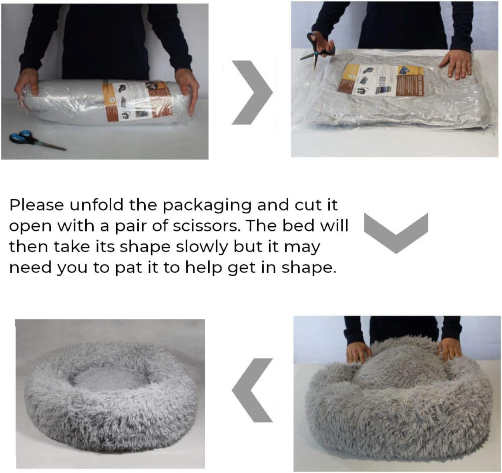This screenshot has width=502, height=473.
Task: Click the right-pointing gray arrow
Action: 252,93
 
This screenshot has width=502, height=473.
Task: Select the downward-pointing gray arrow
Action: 396,232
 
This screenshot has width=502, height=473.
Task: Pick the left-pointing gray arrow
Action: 253,390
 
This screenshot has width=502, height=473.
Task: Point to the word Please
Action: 36,205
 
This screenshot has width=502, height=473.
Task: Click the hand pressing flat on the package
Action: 457,64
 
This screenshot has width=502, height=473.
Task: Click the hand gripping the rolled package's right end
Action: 188,92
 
